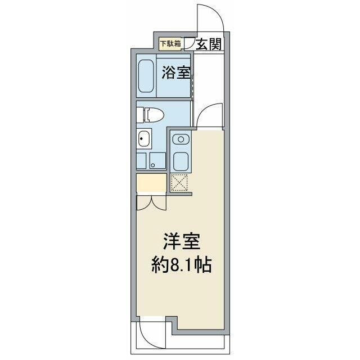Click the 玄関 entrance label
pyautogui.click(x=209, y=44)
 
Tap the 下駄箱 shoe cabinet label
pyautogui.click(x=170, y=43)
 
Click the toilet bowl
pyautogui.click(x=155, y=115)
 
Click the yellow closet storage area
pyautogui.click(x=151, y=183)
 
